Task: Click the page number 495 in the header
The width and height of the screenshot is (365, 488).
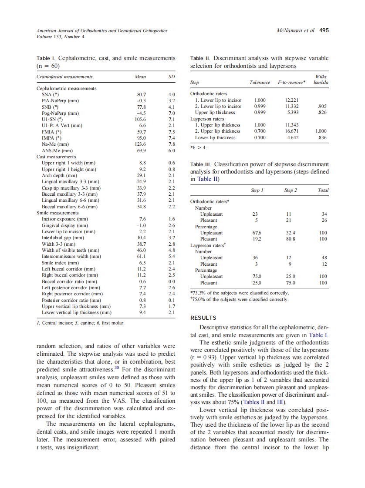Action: pos(324,30)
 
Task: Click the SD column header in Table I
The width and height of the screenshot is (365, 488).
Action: pos(172,77)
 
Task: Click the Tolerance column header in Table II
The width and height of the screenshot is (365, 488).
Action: pos(260,82)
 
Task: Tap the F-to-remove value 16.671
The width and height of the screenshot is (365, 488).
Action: pos(291,131)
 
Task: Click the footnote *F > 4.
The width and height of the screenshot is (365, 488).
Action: pos(199,148)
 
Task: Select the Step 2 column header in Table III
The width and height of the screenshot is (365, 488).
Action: pos(291,190)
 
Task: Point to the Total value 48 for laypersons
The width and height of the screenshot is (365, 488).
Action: pos(323,257)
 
